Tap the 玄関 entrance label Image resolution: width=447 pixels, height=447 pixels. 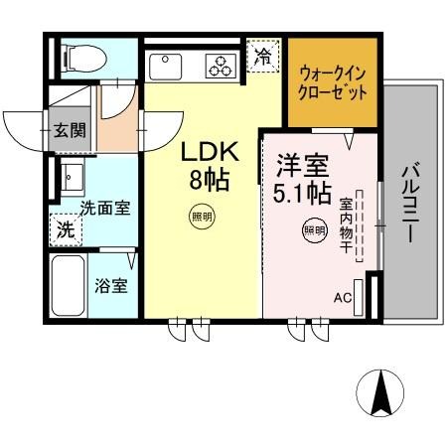(x=69, y=129)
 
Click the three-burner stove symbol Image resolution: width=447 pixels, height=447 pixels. (x=219, y=66)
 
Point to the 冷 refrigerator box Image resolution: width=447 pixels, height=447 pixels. (x=262, y=57)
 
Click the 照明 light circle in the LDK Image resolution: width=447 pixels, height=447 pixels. (x=202, y=216)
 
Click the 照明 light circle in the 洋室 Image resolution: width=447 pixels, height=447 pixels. (x=314, y=230)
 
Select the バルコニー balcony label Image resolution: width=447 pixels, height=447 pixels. (x=409, y=205)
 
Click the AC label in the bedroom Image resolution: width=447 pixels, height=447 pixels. (x=342, y=296)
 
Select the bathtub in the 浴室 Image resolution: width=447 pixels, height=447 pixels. (x=68, y=285)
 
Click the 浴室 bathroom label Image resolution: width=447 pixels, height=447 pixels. (x=110, y=287)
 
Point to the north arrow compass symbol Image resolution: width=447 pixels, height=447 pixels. (x=380, y=392)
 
